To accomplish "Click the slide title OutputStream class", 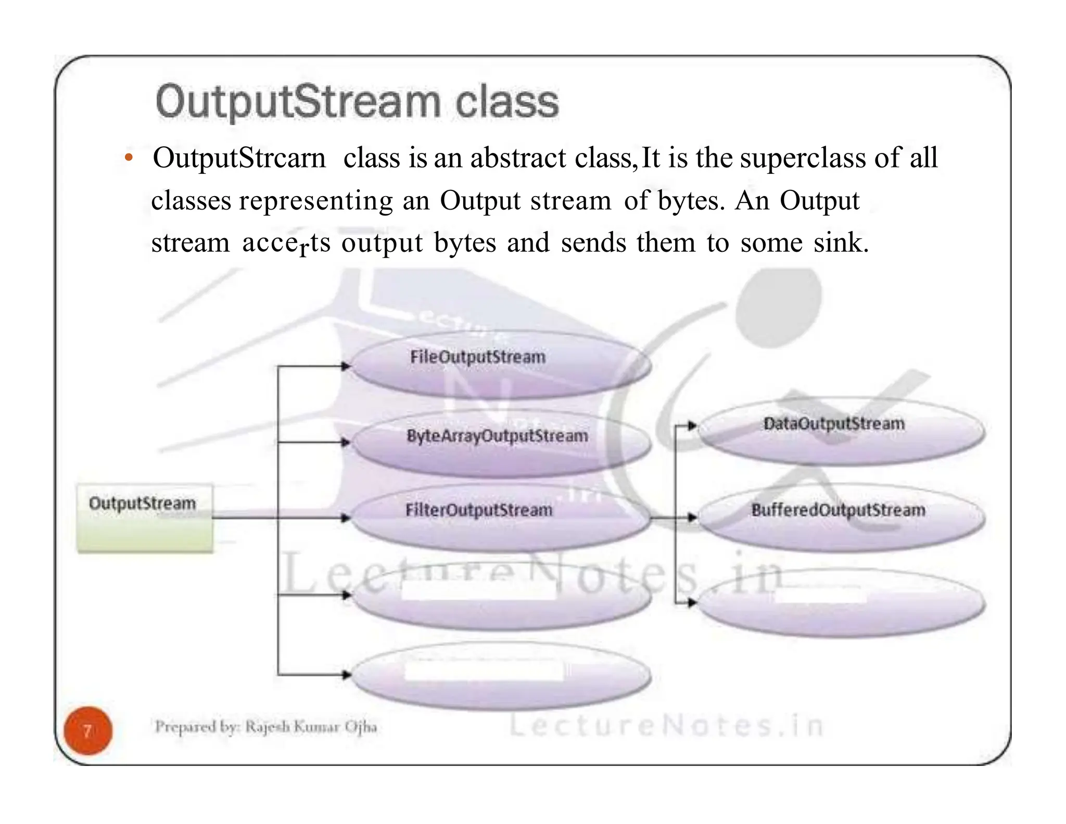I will click(357, 101).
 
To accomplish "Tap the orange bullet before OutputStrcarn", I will click(129, 158).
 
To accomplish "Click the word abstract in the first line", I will click(518, 158).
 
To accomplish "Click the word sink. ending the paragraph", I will click(841, 243).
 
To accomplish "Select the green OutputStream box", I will click(145, 518).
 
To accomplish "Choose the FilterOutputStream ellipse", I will click(500, 518).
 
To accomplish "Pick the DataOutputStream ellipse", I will click(840, 431).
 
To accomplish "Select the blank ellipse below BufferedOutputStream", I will click(840, 603).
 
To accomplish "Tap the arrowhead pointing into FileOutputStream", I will click(346, 366).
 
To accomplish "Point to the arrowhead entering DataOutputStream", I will click(692, 426).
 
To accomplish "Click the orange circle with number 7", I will click(88, 731).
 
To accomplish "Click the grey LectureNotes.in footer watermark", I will click(666, 726).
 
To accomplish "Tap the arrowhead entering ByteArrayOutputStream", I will click(346, 442).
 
